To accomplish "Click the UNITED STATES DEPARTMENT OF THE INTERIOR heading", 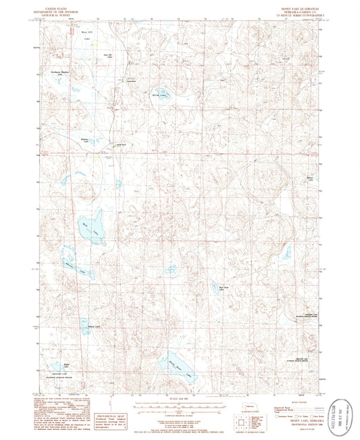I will click(59, 10).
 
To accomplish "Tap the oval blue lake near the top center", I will click(162, 95).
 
